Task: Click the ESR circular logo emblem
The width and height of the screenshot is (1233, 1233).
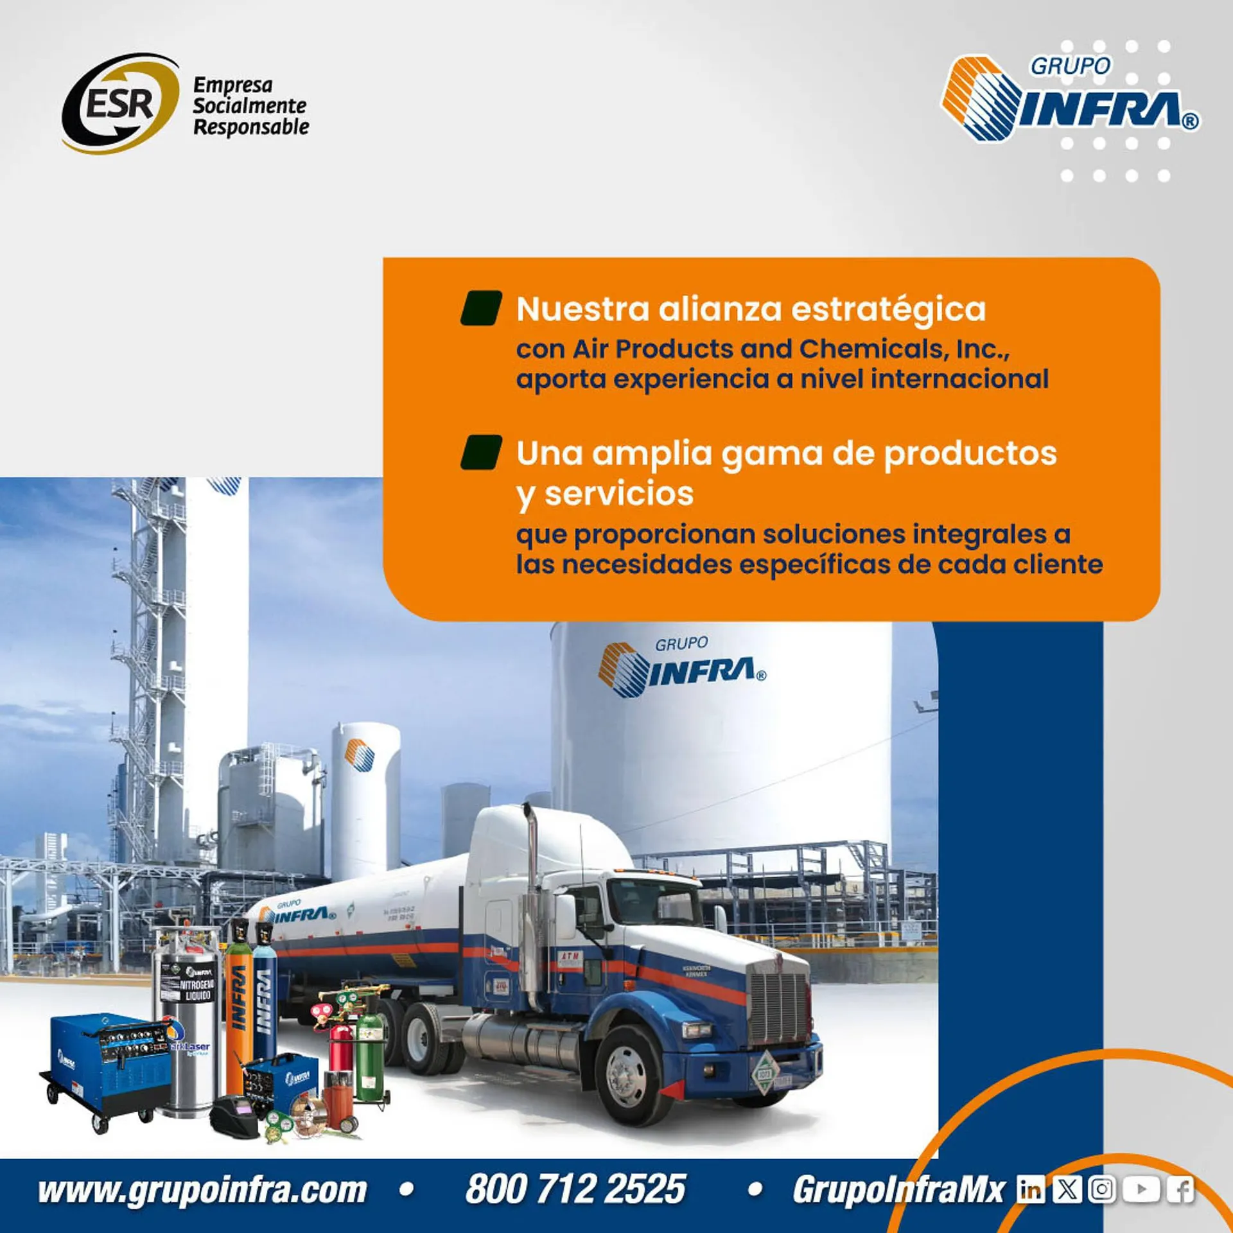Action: click(119, 103)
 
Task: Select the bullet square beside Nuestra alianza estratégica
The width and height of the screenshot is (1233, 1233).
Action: click(481, 308)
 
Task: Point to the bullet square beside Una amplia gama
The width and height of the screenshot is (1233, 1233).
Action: click(481, 453)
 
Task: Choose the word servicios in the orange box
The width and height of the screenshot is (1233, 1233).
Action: click(619, 494)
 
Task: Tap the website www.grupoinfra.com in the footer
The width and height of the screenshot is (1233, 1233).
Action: click(202, 1190)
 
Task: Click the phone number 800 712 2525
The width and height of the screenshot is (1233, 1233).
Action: click(575, 1189)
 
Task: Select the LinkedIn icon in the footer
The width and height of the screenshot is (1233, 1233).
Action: click(1031, 1190)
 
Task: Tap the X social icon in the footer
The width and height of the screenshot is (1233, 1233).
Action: click(1067, 1190)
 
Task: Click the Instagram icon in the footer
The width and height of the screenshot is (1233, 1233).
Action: click(1102, 1190)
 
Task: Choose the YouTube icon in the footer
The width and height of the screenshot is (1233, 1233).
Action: click(1141, 1190)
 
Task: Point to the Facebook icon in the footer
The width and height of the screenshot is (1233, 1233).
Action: click(1180, 1190)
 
